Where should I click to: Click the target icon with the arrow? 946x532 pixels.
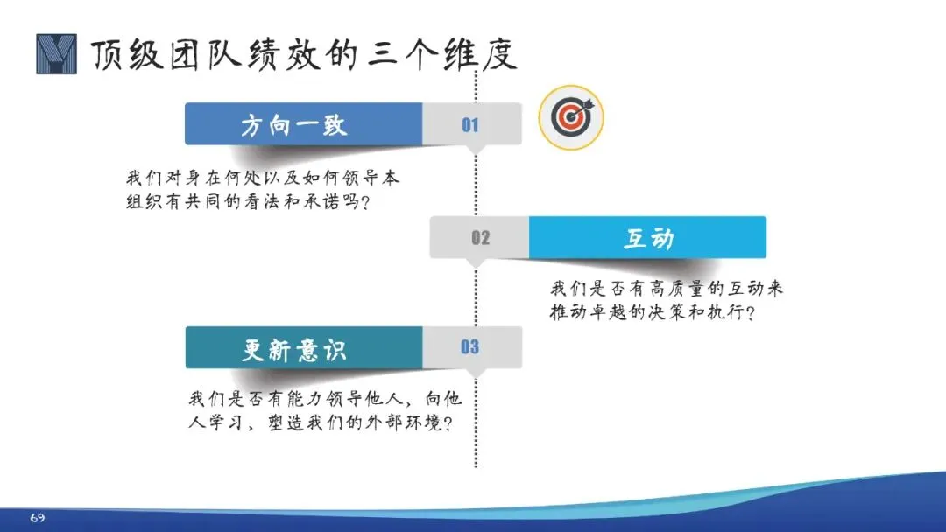pos(571,117)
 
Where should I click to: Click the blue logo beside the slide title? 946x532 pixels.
pos(56,54)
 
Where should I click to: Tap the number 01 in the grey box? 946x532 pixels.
pos(470,125)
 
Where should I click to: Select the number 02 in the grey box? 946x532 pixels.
pos(480,238)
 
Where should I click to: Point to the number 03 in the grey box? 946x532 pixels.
pos(470,347)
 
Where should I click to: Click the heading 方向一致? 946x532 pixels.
pos(294,125)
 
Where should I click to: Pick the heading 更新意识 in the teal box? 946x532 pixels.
pos(294,349)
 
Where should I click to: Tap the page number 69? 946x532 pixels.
pos(37,518)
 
